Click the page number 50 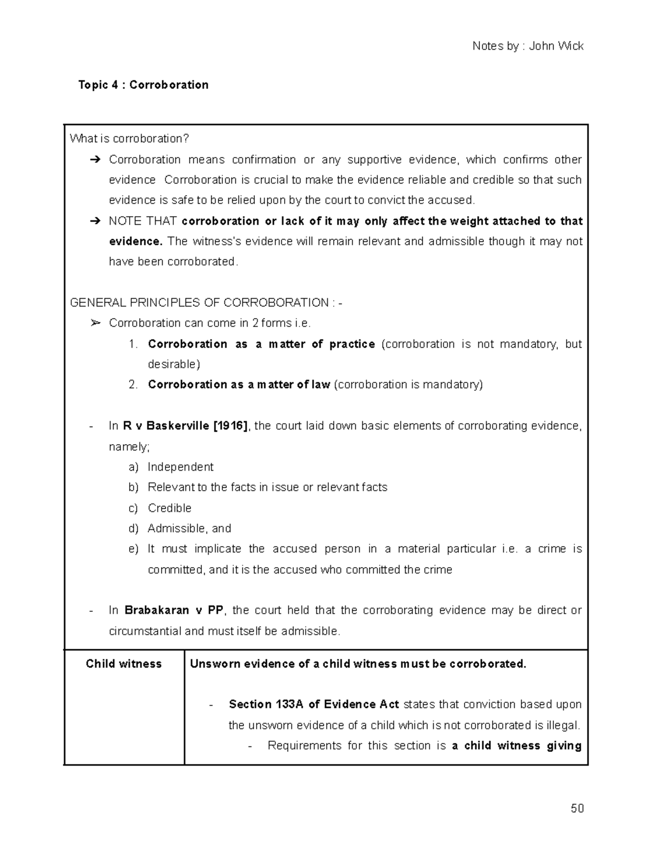(x=577, y=809)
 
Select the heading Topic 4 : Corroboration (x=143, y=85)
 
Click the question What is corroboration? (x=130, y=139)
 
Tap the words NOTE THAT (x=142, y=221)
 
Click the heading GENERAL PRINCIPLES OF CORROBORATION (x=200, y=303)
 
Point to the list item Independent (x=180, y=467)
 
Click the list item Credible (x=169, y=508)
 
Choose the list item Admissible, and (x=189, y=529)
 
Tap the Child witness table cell (x=124, y=664)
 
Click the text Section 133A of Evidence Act (x=313, y=704)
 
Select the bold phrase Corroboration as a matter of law (x=239, y=385)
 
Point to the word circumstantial (x=145, y=631)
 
